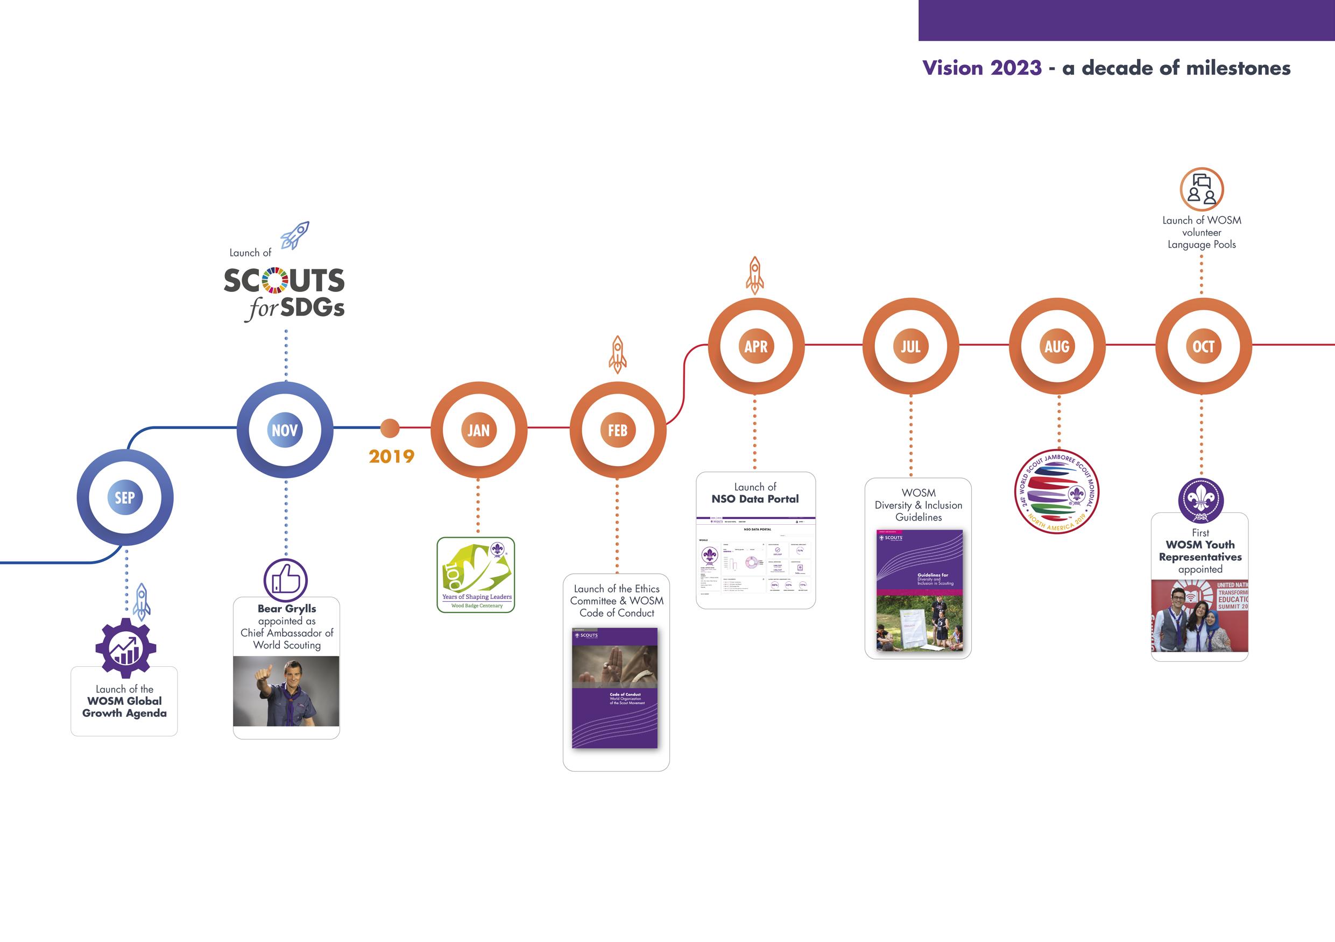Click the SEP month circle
[x=125, y=497]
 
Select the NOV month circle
[x=285, y=430]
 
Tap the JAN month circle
[x=478, y=430]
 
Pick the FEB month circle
[x=618, y=430]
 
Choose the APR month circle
[x=756, y=346]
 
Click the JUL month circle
[x=910, y=346]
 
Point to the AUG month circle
[x=1057, y=346]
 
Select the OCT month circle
[x=1203, y=346]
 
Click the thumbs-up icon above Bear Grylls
[x=286, y=580]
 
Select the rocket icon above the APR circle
[x=755, y=275]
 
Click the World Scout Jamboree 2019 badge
[x=1056, y=492]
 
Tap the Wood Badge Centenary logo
[x=476, y=575]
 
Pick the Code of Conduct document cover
[x=615, y=688]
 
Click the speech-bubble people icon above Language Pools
[x=1202, y=189]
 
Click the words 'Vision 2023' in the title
[x=982, y=68]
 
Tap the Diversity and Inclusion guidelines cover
[x=919, y=590]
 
